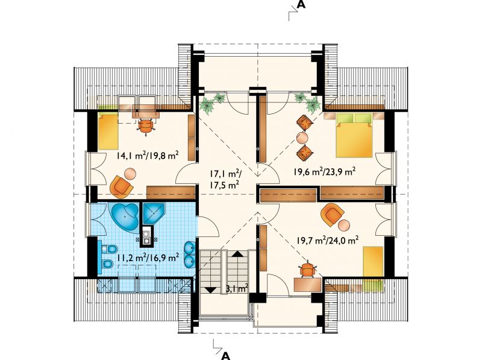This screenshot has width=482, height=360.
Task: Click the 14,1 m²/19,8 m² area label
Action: coord(148,155)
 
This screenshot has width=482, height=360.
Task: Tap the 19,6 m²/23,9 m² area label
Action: coord(325,171)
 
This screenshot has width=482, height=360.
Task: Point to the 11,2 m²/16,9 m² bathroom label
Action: coord(148,257)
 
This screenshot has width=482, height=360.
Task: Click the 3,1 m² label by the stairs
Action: coord(237,289)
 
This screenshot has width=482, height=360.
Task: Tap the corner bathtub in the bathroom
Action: coord(125,216)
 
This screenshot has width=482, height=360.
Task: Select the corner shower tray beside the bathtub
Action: coord(154,213)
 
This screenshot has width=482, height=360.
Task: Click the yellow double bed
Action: coord(354,136)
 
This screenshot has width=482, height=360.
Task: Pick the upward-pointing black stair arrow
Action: coord(237,254)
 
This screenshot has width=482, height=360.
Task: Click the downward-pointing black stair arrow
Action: coord(210,289)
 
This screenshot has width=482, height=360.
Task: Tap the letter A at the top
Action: coord(302,4)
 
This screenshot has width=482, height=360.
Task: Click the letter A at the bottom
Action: coord(226,356)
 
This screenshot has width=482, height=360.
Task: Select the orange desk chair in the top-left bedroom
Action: coord(146,126)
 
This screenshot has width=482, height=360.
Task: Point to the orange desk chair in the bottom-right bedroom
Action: coord(307,270)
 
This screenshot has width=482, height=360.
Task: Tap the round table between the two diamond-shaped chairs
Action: coord(302,138)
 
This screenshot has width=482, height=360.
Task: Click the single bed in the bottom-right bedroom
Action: coord(373,265)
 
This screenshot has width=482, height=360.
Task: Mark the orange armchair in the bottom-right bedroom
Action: coord(332,215)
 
